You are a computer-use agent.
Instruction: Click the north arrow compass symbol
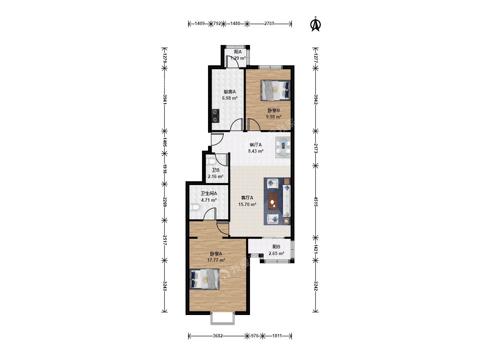(x=315, y=24)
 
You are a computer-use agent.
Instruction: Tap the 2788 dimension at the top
(x=269, y=23)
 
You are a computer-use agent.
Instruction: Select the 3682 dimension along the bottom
(x=218, y=336)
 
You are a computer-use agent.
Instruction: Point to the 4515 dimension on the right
(x=316, y=202)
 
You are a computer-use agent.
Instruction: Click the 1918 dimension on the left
(x=165, y=169)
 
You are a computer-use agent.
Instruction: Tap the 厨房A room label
(x=230, y=92)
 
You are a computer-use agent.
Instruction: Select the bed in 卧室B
(x=276, y=90)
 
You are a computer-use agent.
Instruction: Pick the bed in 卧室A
(x=204, y=279)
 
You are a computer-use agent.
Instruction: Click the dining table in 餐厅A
(x=283, y=148)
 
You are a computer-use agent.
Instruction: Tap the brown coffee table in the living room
(x=273, y=201)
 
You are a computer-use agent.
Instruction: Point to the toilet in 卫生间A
(x=194, y=207)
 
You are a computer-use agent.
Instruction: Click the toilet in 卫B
(x=211, y=161)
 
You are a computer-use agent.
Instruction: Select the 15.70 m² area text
(x=247, y=204)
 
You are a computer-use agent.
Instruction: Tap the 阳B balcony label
(x=276, y=247)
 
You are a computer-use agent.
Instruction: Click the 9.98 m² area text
(x=274, y=117)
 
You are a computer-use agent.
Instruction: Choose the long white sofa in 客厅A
(x=286, y=201)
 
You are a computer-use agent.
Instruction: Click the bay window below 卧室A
(x=223, y=319)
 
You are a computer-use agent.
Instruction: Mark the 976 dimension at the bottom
(x=255, y=336)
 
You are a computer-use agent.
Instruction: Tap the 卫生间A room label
(x=209, y=193)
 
